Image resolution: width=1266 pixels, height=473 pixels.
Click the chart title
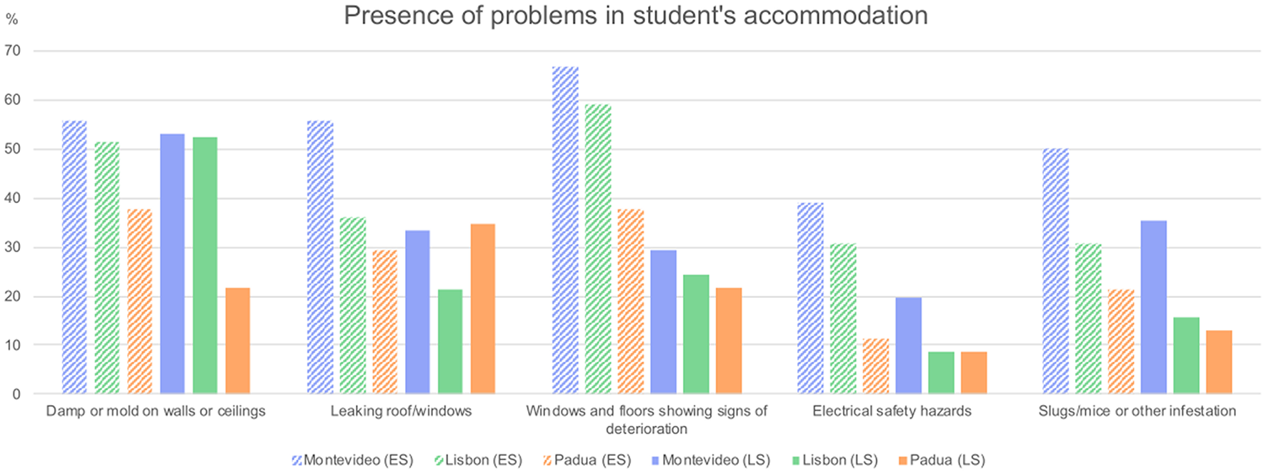pyautogui.click(x=635, y=15)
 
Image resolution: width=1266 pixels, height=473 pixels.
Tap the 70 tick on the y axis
pyautogui.click(x=12, y=51)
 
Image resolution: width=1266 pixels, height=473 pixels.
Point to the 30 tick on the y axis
pyautogui.click(x=12, y=247)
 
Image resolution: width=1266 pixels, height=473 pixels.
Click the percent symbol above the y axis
pyautogui.click(x=11, y=19)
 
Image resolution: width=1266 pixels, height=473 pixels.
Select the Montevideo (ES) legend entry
pyautogui.click(x=352, y=460)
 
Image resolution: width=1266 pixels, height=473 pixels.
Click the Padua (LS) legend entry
pyautogui.click(x=941, y=460)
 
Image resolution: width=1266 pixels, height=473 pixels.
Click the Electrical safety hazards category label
pyautogui.click(x=892, y=411)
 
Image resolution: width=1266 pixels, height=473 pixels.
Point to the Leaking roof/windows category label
pyautogui.click(x=401, y=411)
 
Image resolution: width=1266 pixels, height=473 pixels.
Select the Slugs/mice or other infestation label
pyautogui.click(x=1137, y=411)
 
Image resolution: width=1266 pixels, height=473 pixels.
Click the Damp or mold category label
pyautogui.click(x=156, y=411)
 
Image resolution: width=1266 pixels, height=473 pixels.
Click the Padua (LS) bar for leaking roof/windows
pyautogui.click(x=482, y=309)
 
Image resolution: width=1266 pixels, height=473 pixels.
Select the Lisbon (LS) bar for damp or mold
pyautogui.click(x=205, y=265)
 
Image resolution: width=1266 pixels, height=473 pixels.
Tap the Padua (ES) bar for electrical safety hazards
pyautogui.click(x=875, y=366)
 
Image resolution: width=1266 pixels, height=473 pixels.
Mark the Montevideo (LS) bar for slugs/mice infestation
pyautogui.click(x=1153, y=307)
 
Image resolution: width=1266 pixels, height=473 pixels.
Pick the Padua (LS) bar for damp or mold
pyautogui.click(x=237, y=340)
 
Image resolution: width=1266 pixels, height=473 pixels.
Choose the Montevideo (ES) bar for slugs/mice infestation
pyautogui.click(x=1055, y=271)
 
